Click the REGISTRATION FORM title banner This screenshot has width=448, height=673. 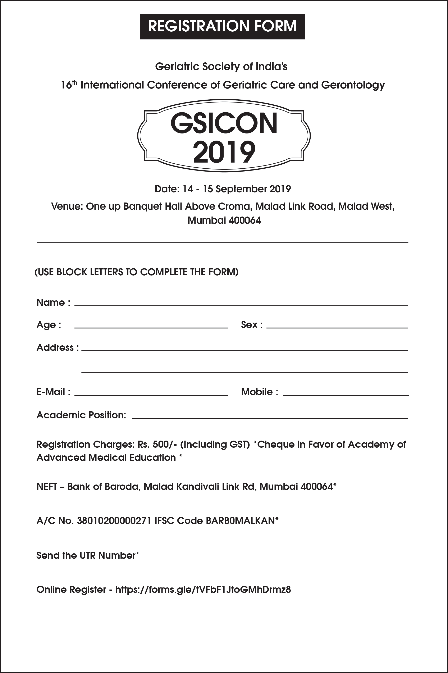[223, 26]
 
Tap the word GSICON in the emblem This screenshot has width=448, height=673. [224, 123]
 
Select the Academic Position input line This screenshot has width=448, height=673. [270, 416]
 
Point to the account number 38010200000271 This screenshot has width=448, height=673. [114, 521]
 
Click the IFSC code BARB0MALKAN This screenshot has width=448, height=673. [240, 521]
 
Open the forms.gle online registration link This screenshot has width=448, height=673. [203, 590]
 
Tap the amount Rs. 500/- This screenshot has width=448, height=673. [157, 444]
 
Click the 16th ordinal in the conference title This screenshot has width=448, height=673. [69, 85]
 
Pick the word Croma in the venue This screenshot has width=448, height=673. [237, 206]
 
